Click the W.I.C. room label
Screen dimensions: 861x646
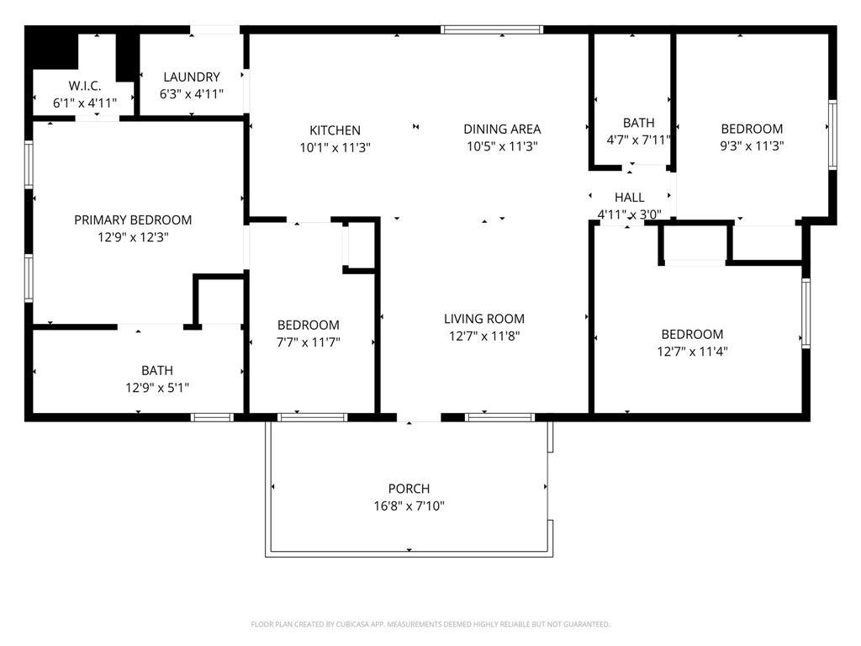click(85, 86)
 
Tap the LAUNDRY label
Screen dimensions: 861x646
click(192, 77)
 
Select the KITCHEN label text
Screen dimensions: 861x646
click(335, 130)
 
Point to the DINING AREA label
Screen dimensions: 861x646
click(502, 129)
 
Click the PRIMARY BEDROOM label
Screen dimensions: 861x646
click(133, 220)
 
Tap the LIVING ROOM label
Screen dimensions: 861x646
click(483, 319)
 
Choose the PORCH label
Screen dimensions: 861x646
click(409, 489)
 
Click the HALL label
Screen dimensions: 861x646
click(629, 197)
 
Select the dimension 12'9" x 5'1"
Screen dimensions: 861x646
click(157, 388)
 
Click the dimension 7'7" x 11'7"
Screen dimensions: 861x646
click(308, 342)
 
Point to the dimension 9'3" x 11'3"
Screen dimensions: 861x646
click(752, 146)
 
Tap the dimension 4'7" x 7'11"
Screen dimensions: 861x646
click(639, 140)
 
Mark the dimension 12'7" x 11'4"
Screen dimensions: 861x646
click(692, 352)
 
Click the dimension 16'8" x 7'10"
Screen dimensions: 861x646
click(409, 506)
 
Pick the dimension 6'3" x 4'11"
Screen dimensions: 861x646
click(192, 94)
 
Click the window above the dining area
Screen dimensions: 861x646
click(493, 29)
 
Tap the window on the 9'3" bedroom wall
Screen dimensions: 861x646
click(832, 135)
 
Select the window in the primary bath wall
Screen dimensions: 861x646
click(212, 417)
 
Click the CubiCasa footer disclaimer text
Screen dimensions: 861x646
click(430, 624)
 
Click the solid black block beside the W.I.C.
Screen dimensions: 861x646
click(51, 47)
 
